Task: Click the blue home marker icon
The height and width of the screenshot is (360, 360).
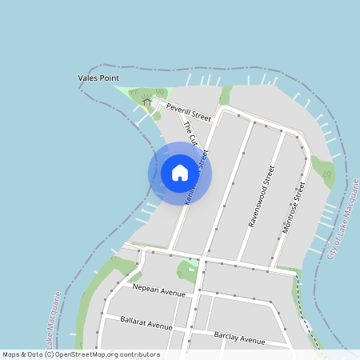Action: coord(180,173)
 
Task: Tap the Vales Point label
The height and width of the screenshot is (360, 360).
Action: coord(98,78)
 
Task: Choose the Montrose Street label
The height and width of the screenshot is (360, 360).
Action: coord(294,207)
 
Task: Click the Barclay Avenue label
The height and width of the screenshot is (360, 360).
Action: coord(239,338)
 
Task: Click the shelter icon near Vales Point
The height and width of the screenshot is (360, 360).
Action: coord(146,102)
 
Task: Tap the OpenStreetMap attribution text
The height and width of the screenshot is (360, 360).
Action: coord(81,354)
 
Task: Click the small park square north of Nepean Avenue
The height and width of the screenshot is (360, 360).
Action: coord(189,269)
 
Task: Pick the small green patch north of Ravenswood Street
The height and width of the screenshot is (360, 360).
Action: coord(226,96)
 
